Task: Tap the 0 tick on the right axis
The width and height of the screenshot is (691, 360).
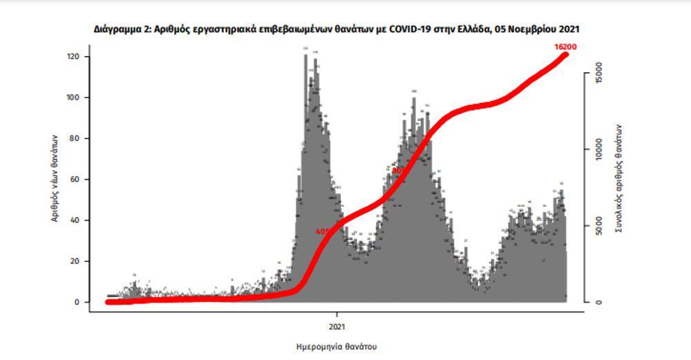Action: (600, 302)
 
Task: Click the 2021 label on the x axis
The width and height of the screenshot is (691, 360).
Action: (337, 325)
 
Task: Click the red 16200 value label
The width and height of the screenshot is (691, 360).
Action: (565, 47)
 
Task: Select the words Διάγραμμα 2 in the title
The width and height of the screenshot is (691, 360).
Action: (119, 30)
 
